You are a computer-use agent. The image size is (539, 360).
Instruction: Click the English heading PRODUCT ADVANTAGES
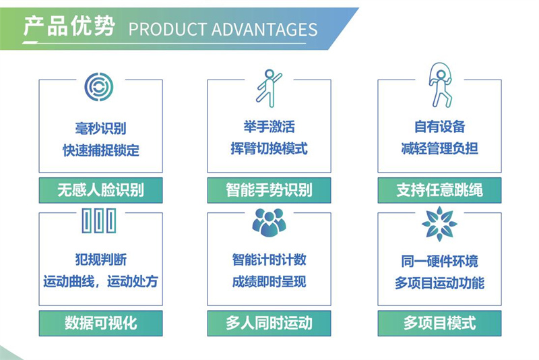223,30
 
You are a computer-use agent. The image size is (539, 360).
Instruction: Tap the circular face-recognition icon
99,87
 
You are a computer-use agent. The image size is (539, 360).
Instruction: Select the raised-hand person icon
269,88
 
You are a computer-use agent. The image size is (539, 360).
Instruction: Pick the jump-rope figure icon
441,85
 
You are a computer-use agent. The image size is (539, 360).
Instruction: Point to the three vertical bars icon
99,220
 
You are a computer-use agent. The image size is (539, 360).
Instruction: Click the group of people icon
269,222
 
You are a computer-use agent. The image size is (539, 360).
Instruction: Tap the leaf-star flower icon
439,224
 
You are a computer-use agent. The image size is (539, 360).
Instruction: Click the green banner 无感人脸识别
100,190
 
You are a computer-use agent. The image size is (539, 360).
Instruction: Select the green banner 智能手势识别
269,190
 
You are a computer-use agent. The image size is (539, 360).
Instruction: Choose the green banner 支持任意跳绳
440,190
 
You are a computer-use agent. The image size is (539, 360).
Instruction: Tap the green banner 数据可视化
100,323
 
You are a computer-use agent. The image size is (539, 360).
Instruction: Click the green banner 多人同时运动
269,323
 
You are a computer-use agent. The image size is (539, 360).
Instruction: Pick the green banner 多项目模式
440,323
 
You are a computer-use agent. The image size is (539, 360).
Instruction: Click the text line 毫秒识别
100,128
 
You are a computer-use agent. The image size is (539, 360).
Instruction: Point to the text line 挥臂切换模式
269,148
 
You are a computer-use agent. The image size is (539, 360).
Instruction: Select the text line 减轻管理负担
440,148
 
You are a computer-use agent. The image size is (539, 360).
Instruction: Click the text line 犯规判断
100,260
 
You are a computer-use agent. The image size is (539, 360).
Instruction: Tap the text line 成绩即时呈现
269,282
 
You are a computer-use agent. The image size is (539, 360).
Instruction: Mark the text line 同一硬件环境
440,262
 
